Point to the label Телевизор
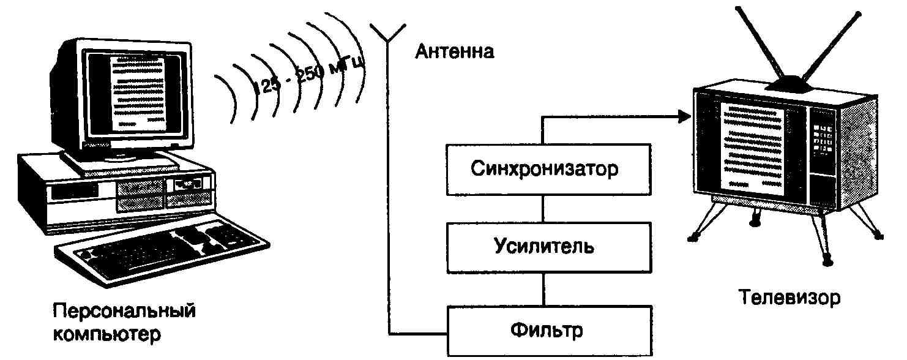[789, 299]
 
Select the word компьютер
[108, 335]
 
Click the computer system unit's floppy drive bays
[141, 194]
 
